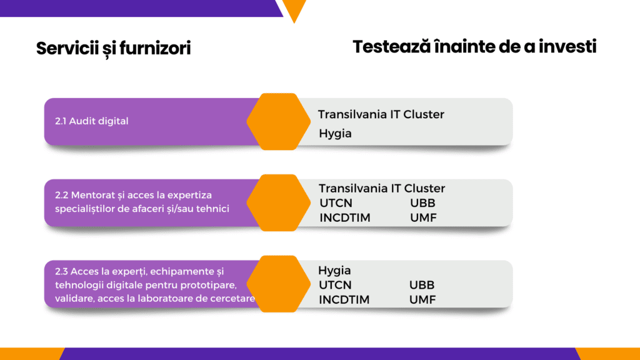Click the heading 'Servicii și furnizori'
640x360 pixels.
pyautogui.click(x=114, y=49)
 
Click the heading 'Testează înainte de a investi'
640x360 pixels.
pyautogui.click(x=474, y=46)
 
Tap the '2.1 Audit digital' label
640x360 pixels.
pyautogui.click(x=91, y=121)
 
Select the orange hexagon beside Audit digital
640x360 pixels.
pyautogui.click(x=279, y=122)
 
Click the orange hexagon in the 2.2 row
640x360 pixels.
pyautogui.click(x=279, y=203)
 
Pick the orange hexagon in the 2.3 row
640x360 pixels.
pyautogui.click(x=279, y=284)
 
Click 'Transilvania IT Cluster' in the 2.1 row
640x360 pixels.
pyautogui.click(x=381, y=114)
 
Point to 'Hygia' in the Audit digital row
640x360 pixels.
pyautogui.click(x=335, y=134)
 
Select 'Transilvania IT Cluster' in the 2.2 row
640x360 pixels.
pyautogui.click(x=382, y=188)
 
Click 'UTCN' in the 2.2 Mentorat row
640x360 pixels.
pyautogui.click(x=336, y=203)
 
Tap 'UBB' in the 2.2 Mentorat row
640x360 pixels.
pyautogui.click(x=423, y=203)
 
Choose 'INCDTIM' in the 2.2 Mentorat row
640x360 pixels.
pyautogui.click(x=345, y=217)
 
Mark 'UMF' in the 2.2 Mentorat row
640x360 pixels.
pyautogui.click(x=423, y=217)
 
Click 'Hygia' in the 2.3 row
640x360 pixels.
pyautogui.click(x=334, y=271)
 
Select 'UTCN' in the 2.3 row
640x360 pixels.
pyautogui.click(x=335, y=285)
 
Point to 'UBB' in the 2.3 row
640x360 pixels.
pyautogui.click(x=422, y=285)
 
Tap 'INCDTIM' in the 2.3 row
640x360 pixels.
pyautogui.click(x=344, y=299)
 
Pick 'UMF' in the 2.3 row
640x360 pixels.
pyautogui.click(x=422, y=299)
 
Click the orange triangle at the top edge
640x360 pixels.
pyautogui.click(x=294, y=8)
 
